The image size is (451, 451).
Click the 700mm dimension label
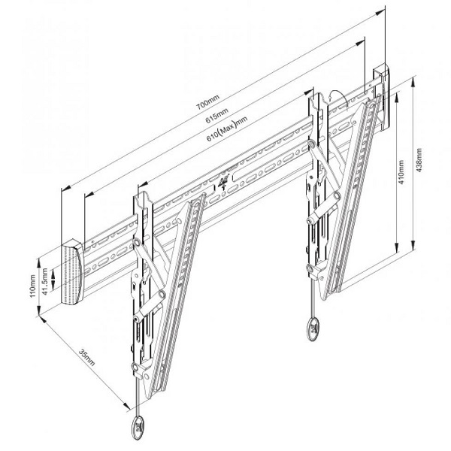(207, 102)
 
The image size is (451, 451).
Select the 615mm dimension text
(217, 115)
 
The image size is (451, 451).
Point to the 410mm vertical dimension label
(402, 172)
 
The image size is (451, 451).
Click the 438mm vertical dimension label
(419, 160)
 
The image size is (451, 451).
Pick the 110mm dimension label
(32, 286)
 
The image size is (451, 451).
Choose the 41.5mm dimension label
(45, 281)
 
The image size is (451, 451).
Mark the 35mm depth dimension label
(86, 358)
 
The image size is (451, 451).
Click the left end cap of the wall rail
(72, 272)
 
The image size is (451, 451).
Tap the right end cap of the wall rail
(383, 97)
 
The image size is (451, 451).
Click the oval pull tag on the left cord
(138, 425)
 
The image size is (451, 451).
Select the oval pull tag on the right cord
(313, 328)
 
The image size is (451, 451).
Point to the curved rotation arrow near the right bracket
(339, 95)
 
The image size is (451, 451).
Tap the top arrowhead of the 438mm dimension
(413, 82)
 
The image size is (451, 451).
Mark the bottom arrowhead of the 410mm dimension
(397, 247)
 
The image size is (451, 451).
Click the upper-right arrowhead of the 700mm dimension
(380, 12)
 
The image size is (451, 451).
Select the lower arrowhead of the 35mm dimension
(127, 406)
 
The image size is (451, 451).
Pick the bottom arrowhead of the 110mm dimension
(38, 310)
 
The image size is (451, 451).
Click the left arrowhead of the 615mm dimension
(89, 195)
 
